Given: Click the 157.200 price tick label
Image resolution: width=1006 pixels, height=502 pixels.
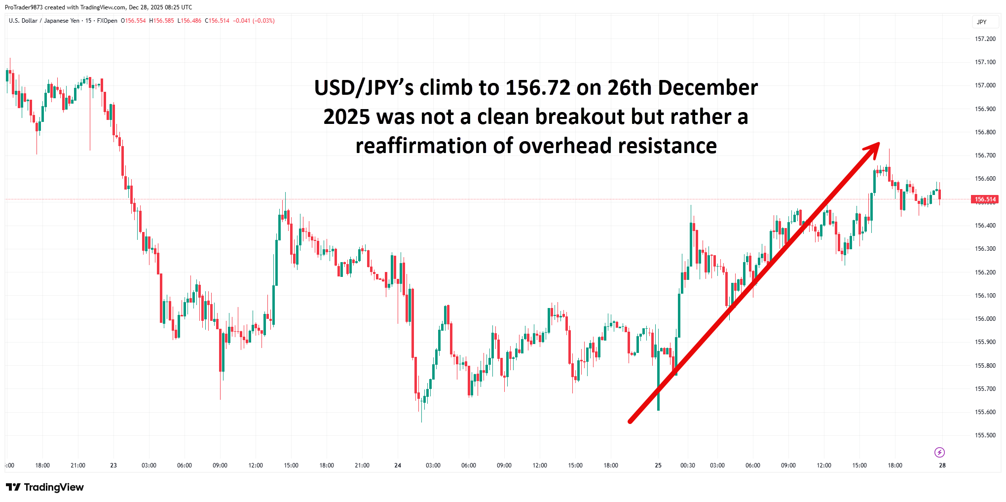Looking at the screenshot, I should [985, 39].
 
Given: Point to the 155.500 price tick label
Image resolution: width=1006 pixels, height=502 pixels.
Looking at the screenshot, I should [985, 435].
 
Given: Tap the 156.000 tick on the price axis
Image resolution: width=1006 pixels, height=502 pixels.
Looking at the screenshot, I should [985, 319].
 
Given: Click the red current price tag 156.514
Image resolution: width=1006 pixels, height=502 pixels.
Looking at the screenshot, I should [985, 199].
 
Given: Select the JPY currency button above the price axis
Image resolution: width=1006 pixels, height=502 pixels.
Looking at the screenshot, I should [982, 22].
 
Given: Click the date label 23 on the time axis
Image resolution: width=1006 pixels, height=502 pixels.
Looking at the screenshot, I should [113, 465].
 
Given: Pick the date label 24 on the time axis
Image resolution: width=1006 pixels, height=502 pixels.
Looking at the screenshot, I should [398, 465].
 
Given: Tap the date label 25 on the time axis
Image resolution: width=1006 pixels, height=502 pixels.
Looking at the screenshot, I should [658, 465].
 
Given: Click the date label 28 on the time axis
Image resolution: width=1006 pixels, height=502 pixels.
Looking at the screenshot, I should [942, 465].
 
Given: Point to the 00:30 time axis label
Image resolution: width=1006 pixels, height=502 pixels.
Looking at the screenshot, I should [688, 465].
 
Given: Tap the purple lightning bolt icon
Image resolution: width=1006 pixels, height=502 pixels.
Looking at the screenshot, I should [939, 452].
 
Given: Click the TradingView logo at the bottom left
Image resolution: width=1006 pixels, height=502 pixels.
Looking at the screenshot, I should [45, 487].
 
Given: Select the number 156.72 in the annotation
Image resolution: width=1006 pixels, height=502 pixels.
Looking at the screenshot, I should [538, 88].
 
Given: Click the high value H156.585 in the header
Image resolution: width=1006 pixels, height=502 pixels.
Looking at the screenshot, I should [161, 21].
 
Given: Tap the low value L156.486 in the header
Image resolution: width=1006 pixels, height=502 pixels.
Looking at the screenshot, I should [189, 21].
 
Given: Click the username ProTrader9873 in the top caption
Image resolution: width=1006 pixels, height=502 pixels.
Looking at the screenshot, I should [24, 7].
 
